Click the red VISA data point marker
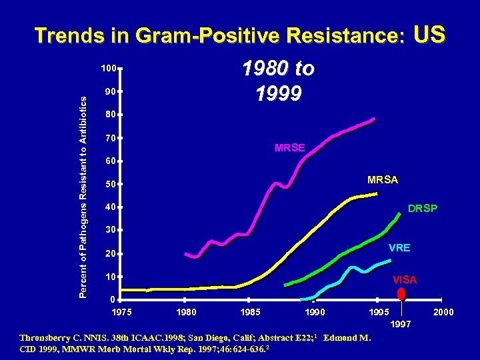(x=401, y=293)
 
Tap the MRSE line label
(x=290, y=147)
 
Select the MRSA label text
(x=383, y=180)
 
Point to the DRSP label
(x=423, y=209)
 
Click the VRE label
(x=399, y=247)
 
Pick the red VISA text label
(x=405, y=280)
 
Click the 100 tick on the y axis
(x=109, y=68)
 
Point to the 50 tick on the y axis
(x=111, y=184)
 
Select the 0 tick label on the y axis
(x=113, y=299)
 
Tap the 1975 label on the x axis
(x=122, y=312)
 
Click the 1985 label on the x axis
(x=251, y=312)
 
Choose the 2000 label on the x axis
(x=443, y=312)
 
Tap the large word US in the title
(x=429, y=34)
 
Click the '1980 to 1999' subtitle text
(x=279, y=81)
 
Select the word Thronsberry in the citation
(x=49, y=337)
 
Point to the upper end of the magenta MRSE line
(x=374, y=119)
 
